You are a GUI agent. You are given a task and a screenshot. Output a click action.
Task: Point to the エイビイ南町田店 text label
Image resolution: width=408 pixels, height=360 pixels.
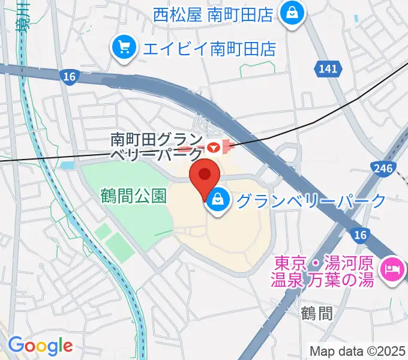click(208, 48)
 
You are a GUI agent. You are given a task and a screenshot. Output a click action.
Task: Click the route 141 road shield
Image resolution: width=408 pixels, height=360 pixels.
click(328, 70)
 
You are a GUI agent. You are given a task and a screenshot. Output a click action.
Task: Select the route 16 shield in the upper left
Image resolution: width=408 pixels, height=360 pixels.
click(68, 76)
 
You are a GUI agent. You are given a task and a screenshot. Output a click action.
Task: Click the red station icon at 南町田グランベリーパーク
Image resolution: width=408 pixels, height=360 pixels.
click(212, 146)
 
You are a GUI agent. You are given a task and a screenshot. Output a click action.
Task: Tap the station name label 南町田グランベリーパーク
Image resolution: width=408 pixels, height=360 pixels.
click(157, 147)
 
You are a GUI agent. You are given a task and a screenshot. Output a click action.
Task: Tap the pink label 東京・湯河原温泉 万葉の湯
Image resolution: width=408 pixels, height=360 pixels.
click(325, 271)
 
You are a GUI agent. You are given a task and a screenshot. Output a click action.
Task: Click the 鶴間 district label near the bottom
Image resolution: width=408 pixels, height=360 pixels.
click(317, 313)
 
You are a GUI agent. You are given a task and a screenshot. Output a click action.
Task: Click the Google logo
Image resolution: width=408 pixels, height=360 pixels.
click(40, 346)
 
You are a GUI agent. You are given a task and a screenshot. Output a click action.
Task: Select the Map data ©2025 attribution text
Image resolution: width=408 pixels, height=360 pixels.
click(358, 351)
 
